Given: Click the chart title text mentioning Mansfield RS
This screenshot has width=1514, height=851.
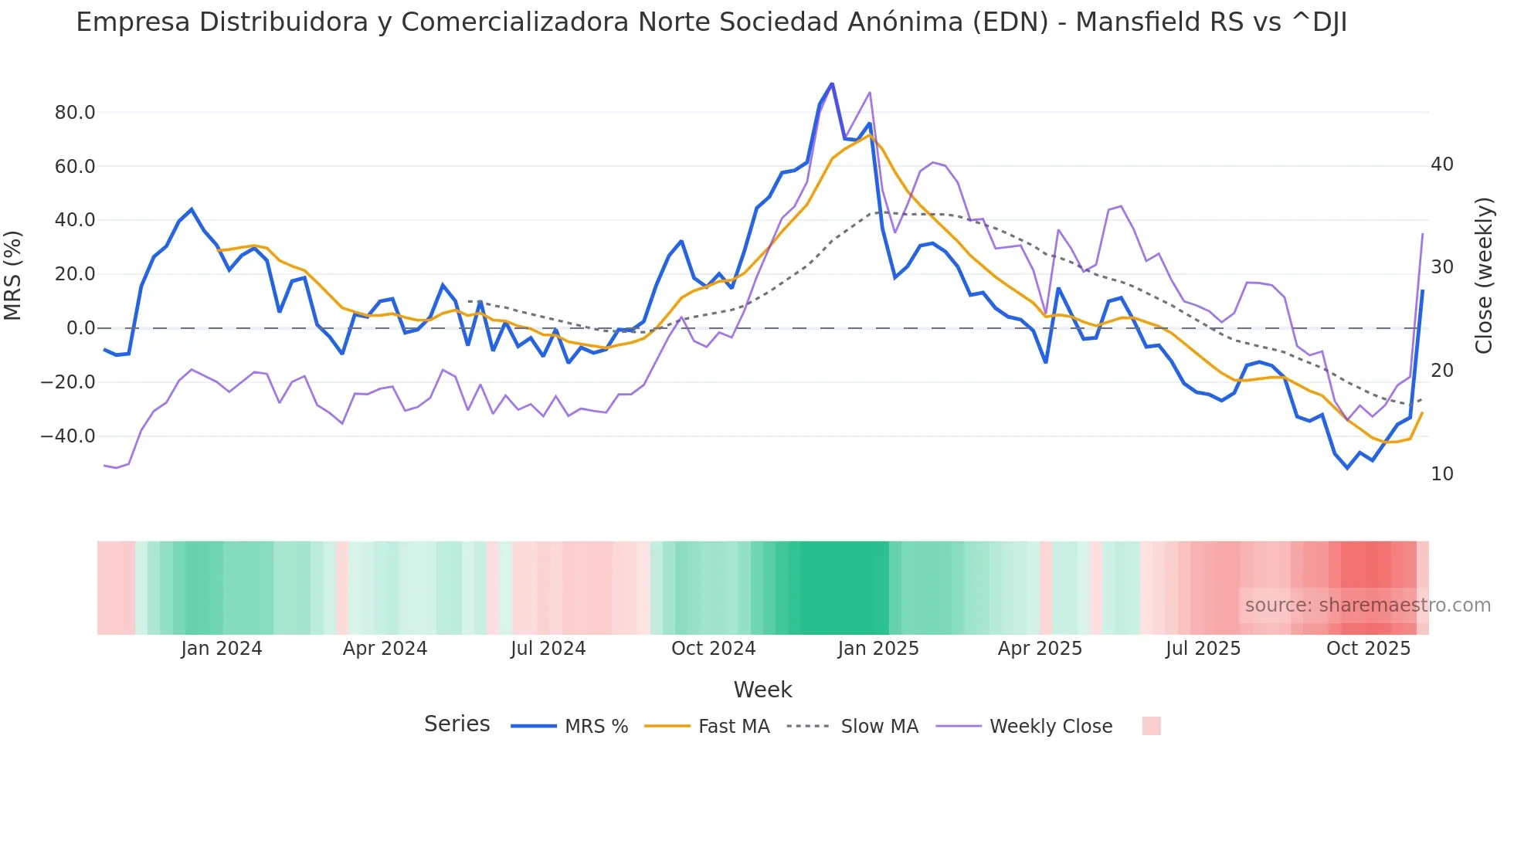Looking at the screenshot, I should [x=711, y=22].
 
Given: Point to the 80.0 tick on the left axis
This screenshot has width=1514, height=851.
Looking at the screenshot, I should [x=75, y=113].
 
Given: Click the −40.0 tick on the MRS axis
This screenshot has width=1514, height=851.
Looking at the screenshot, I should [x=68, y=436].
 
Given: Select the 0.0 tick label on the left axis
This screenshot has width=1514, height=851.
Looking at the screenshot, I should [x=80, y=328].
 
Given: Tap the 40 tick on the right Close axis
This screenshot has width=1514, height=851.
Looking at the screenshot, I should [x=1441, y=164].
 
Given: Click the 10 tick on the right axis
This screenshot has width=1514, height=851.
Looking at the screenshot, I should [x=1441, y=474].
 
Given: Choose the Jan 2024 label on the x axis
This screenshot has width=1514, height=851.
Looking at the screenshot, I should [x=222, y=649].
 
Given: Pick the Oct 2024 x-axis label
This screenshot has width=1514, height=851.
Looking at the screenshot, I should [x=713, y=649].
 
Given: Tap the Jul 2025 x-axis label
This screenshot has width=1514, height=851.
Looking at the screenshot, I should [x=1203, y=649].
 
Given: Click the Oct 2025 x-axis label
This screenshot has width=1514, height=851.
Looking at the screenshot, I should [x=1368, y=649].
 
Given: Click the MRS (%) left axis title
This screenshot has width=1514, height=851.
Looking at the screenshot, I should [x=13, y=276].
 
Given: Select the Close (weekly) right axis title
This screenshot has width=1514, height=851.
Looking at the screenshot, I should [x=1484, y=276].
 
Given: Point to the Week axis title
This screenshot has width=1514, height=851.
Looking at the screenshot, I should [x=762, y=690].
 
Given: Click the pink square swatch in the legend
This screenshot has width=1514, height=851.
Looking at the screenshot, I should [x=1151, y=726].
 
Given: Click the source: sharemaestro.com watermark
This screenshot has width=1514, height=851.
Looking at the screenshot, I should [x=1367, y=605].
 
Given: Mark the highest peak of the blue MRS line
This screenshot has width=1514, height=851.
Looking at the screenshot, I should [x=832, y=83].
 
